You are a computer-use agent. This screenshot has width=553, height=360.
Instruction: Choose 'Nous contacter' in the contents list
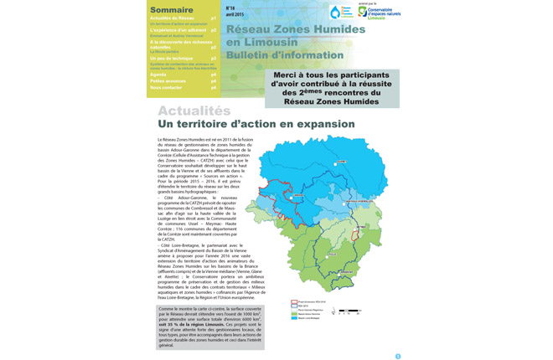point(166,87)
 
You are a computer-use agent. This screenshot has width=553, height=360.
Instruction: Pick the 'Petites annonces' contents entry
point(168,80)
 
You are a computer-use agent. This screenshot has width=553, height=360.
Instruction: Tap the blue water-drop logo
point(336,13)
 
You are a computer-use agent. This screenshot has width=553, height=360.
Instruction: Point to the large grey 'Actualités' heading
point(194,111)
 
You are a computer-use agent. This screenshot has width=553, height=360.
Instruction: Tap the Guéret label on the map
point(341,160)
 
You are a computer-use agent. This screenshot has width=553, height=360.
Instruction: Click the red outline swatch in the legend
point(294,302)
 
